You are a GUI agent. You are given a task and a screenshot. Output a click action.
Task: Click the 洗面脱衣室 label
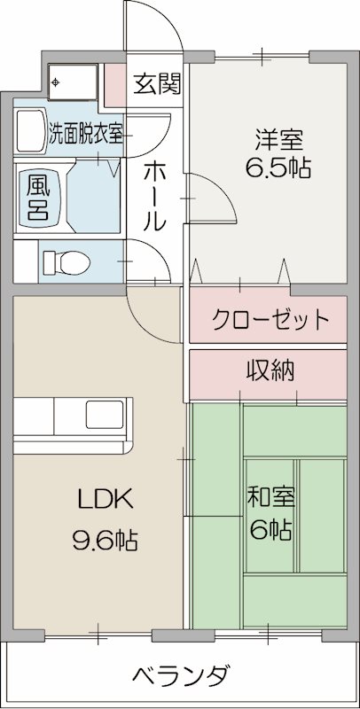tap(85, 135)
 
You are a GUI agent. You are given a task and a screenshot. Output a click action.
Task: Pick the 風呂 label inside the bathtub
tap(38, 197)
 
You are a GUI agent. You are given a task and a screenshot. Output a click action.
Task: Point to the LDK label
tap(106, 500)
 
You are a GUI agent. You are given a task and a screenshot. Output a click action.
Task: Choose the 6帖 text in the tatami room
tap(271, 530)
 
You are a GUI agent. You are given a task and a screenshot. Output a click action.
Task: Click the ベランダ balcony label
tap(183, 676)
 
